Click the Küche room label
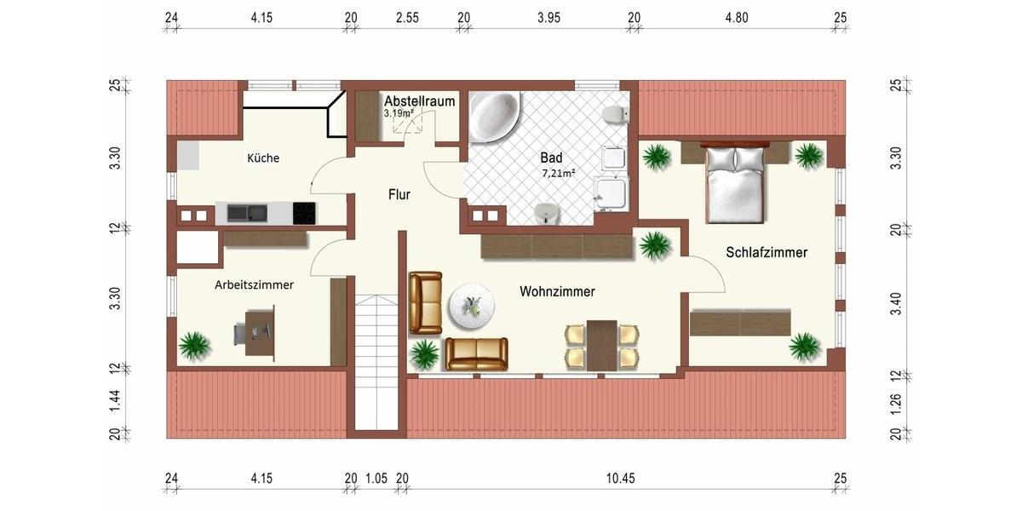pyautogui.click(x=263, y=158)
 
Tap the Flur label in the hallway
pyautogui.click(x=399, y=195)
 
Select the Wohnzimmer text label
pyautogui.click(x=557, y=291)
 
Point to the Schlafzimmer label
pyautogui.click(x=766, y=253)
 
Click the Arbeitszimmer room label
pyautogui.click(x=254, y=285)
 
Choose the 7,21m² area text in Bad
pyautogui.click(x=559, y=174)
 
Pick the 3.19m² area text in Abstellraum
pyautogui.click(x=399, y=112)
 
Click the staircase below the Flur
pyautogui.click(x=376, y=361)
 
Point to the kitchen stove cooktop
pyautogui.click(x=305, y=213)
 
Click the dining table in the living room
pyautogui.click(x=602, y=345)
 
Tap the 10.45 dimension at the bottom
pyautogui.click(x=620, y=479)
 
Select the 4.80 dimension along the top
pyautogui.click(x=736, y=17)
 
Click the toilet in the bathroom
pyautogui.click(x=612, y=114)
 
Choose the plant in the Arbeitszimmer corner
pyautogui.click(x=195, y=346)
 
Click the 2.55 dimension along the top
pyautogui.click(x=407, y=17)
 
